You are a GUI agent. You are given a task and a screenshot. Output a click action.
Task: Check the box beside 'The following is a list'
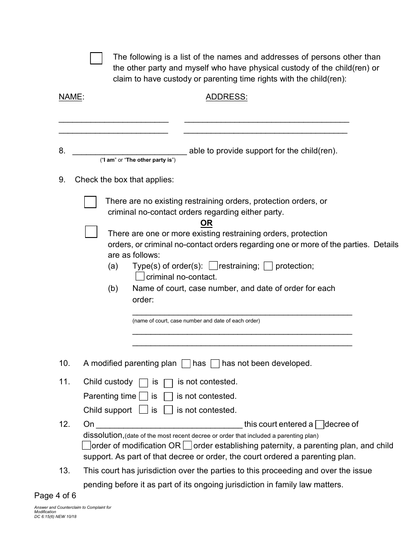tap(96, 58)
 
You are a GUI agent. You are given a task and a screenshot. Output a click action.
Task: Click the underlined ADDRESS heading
tap(226, 97)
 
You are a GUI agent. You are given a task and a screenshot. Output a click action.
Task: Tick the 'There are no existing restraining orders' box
tap(90, 202)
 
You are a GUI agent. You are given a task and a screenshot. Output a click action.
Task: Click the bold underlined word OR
tap(206, 223)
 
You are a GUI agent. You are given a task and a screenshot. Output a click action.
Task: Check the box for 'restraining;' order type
tap(213, 266)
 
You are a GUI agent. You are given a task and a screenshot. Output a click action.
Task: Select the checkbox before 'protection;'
tap(268, 266)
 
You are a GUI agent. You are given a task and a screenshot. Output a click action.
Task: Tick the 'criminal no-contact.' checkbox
tap(140, 277)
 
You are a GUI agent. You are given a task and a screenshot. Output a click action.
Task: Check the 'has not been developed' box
tap(215, 363)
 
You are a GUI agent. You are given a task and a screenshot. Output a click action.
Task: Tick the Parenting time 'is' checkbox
tap(143, 397)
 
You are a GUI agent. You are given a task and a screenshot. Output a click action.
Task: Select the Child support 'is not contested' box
tap(168, 411)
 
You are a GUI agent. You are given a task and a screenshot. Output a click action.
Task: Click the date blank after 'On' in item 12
tap(169, 424)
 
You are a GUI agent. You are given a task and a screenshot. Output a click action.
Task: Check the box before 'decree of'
tap(320, 424)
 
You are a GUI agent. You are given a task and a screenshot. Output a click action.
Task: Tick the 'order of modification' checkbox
tap(86, 446)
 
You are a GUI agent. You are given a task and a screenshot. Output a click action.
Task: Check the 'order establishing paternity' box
tap(187, 446)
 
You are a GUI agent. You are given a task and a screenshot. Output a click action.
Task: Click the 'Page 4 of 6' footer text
tap(55, 496)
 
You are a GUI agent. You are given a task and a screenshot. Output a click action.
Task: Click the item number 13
tap(64, 471)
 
